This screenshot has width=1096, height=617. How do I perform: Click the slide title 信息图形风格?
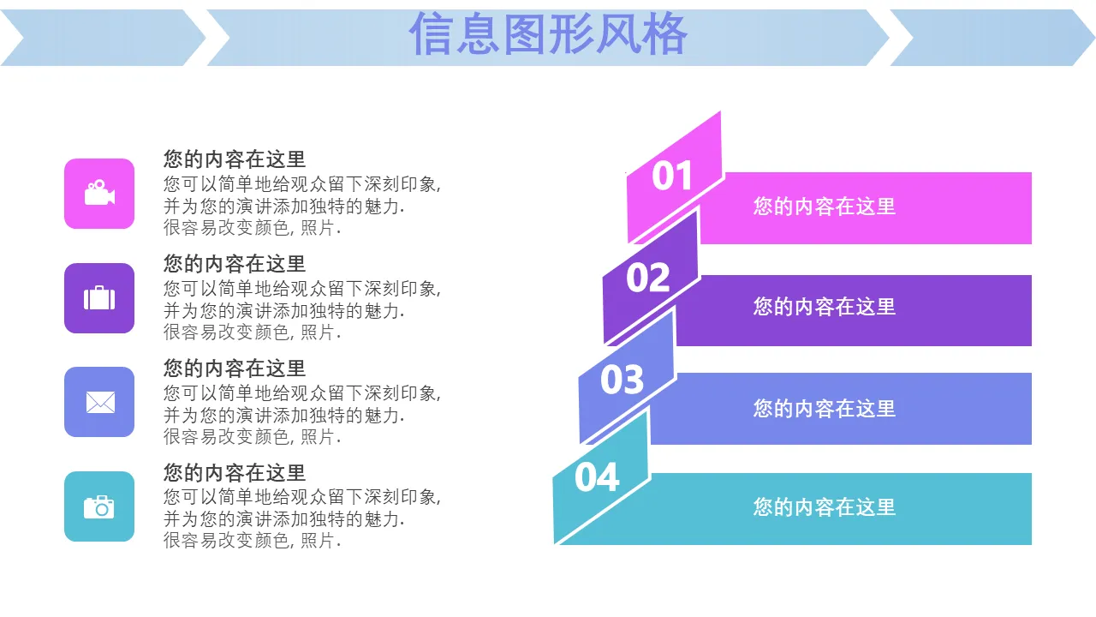click(x=549, y=34)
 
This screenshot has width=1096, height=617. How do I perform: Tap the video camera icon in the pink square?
click(x=100, y=193)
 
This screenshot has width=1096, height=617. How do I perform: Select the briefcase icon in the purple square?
click(x=99, y=297)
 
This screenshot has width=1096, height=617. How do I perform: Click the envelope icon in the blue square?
click(x=100, y=403)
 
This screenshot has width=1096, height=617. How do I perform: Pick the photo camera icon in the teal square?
click(x=98, y=506)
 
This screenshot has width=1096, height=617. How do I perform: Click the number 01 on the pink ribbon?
click(x=672, y=176)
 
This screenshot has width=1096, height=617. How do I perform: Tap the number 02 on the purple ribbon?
click(x=648, y=278)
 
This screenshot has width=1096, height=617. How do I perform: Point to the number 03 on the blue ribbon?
click(x=622, y=380)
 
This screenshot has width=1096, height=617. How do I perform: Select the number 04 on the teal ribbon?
click(x=597, y=477)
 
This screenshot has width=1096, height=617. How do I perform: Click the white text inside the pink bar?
click(x=825, y=207)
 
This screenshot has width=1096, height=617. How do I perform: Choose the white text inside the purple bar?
click(x=825, y=307)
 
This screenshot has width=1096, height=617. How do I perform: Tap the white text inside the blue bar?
click(x=825, y=409)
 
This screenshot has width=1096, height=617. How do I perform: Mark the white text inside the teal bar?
click(x=825, y=507)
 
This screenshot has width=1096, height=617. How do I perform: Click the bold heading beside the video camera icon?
click(x=235, y=159)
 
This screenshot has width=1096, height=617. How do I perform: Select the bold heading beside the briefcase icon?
click(x=235, y=264)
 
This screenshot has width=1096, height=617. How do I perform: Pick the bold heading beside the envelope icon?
click(x=235, y=368)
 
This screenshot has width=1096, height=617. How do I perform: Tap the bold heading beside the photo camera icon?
click(x=235, y=473)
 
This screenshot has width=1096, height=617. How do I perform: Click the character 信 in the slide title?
click(x=430, y=34)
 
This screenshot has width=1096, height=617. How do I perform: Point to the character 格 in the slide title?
click(x=665, y=34)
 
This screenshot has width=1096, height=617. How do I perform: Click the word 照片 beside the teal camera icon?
click(x=317, y=541)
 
